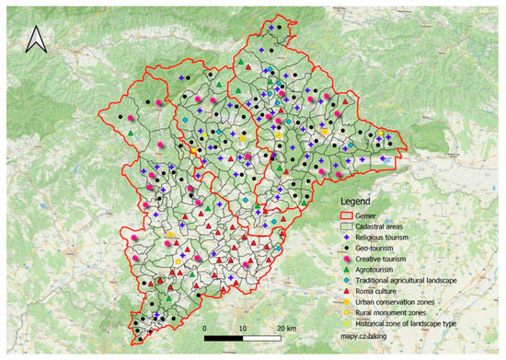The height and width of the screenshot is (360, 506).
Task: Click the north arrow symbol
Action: coord(35,39)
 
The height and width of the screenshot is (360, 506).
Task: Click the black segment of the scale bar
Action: coord(224,337)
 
